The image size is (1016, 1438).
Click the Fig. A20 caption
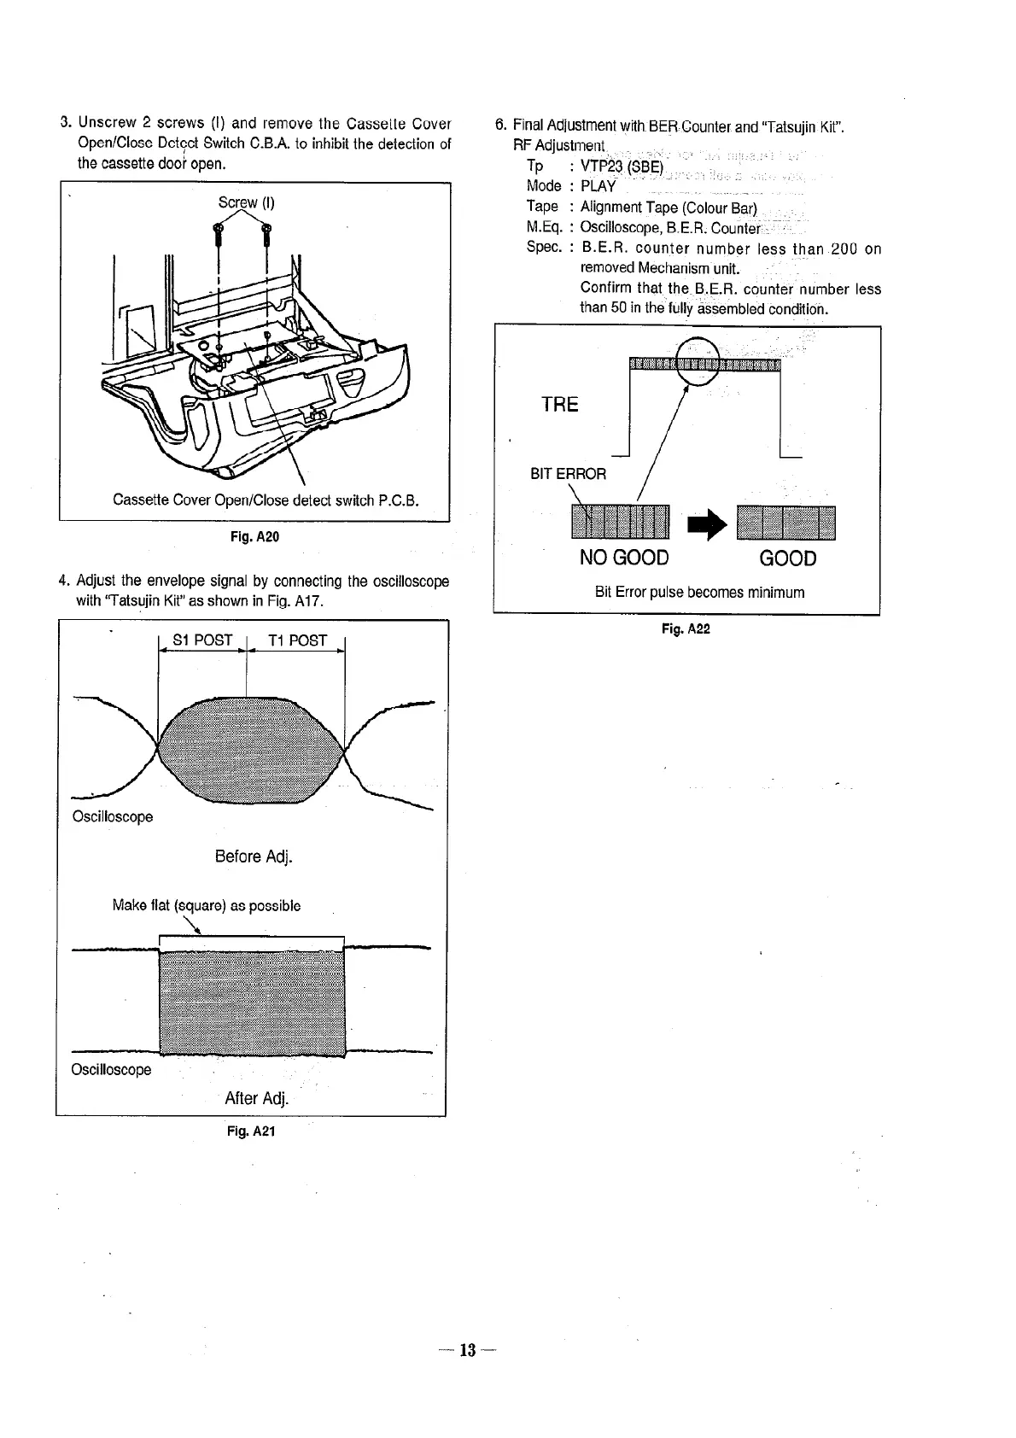(255, 537)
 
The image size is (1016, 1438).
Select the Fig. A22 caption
(686, 629)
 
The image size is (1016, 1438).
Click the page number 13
(467, 1350)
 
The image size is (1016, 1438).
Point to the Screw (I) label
(246, 203)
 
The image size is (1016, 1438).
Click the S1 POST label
(202, 640)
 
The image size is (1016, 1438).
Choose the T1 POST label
(296, 640)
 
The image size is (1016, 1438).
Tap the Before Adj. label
(254, 856)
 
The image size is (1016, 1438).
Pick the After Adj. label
(257, 1098)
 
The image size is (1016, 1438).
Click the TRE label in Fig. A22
(559, 405)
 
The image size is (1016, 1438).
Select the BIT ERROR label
(568, 474)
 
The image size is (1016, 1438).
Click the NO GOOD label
(624, 558)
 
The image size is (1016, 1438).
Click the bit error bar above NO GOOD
(622, 523)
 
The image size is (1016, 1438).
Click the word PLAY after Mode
(599, 186)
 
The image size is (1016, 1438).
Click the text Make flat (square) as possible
(206, 905)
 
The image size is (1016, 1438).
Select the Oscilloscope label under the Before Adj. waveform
(113, 817)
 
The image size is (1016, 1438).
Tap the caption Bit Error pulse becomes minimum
(699, 593)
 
